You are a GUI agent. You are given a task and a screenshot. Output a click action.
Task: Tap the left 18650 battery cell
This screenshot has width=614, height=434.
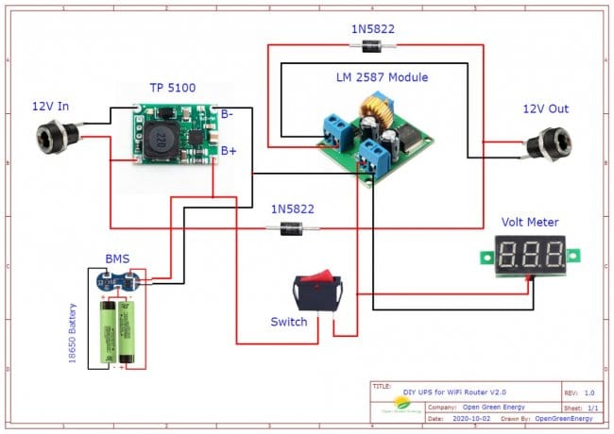pos(107,331)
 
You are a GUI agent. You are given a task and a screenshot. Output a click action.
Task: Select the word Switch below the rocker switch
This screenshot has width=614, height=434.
pos(289,322)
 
